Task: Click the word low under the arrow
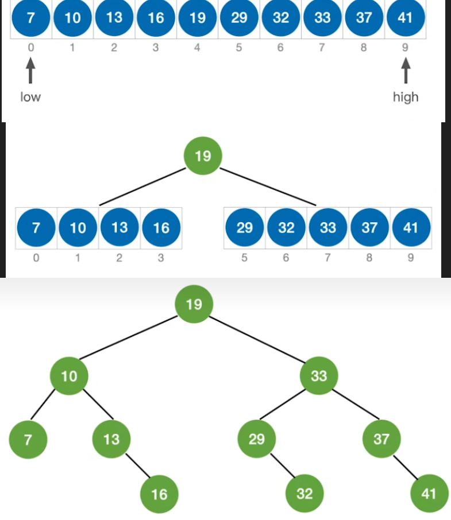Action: pyautogui.click(x=30, y=97)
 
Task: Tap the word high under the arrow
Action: pyautogui.click(x=406, y=97)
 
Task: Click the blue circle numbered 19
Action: pyautogui.click(x=197, y=18)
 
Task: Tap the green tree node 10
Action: pyautogui.click(x=69, y=377)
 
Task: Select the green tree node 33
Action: pyautogui.click(x=319, y=376)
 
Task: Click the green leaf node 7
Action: pyautogui.click(x=28, y=439)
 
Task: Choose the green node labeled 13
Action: pyautogui.click(x=111, y=439)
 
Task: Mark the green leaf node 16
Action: pyautogui.click(x=159, y=493)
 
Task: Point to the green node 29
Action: pyautogui.click(x=257, y=439)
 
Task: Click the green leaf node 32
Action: pyautogui.click(x=304, y=493)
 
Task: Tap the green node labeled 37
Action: pyautogui.click(x=381, y=439)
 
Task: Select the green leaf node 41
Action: pyautogui.click(x=429, y=493)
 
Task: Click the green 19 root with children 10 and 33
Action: pyautogui.click(x=194, y=304)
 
